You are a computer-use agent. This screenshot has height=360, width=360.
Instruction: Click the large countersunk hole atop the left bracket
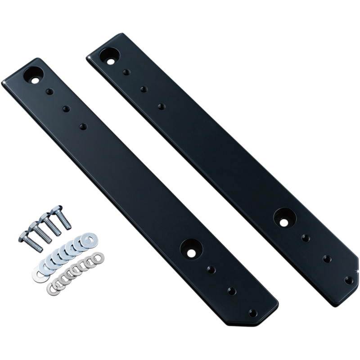point(36,73)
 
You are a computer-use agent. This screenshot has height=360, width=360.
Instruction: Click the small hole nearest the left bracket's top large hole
point(49,91)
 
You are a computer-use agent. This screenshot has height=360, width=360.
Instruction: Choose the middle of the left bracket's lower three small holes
point(233,290)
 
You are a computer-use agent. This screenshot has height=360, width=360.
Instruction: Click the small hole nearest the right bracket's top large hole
point(126,71)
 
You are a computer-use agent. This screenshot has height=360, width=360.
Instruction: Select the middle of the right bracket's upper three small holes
point(143,89)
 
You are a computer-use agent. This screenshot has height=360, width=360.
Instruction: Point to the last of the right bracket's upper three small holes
point(161,106)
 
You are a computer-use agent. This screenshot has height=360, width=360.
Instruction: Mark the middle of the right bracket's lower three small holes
point(327,258)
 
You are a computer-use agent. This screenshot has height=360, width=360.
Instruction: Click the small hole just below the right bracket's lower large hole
point(306,237)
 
